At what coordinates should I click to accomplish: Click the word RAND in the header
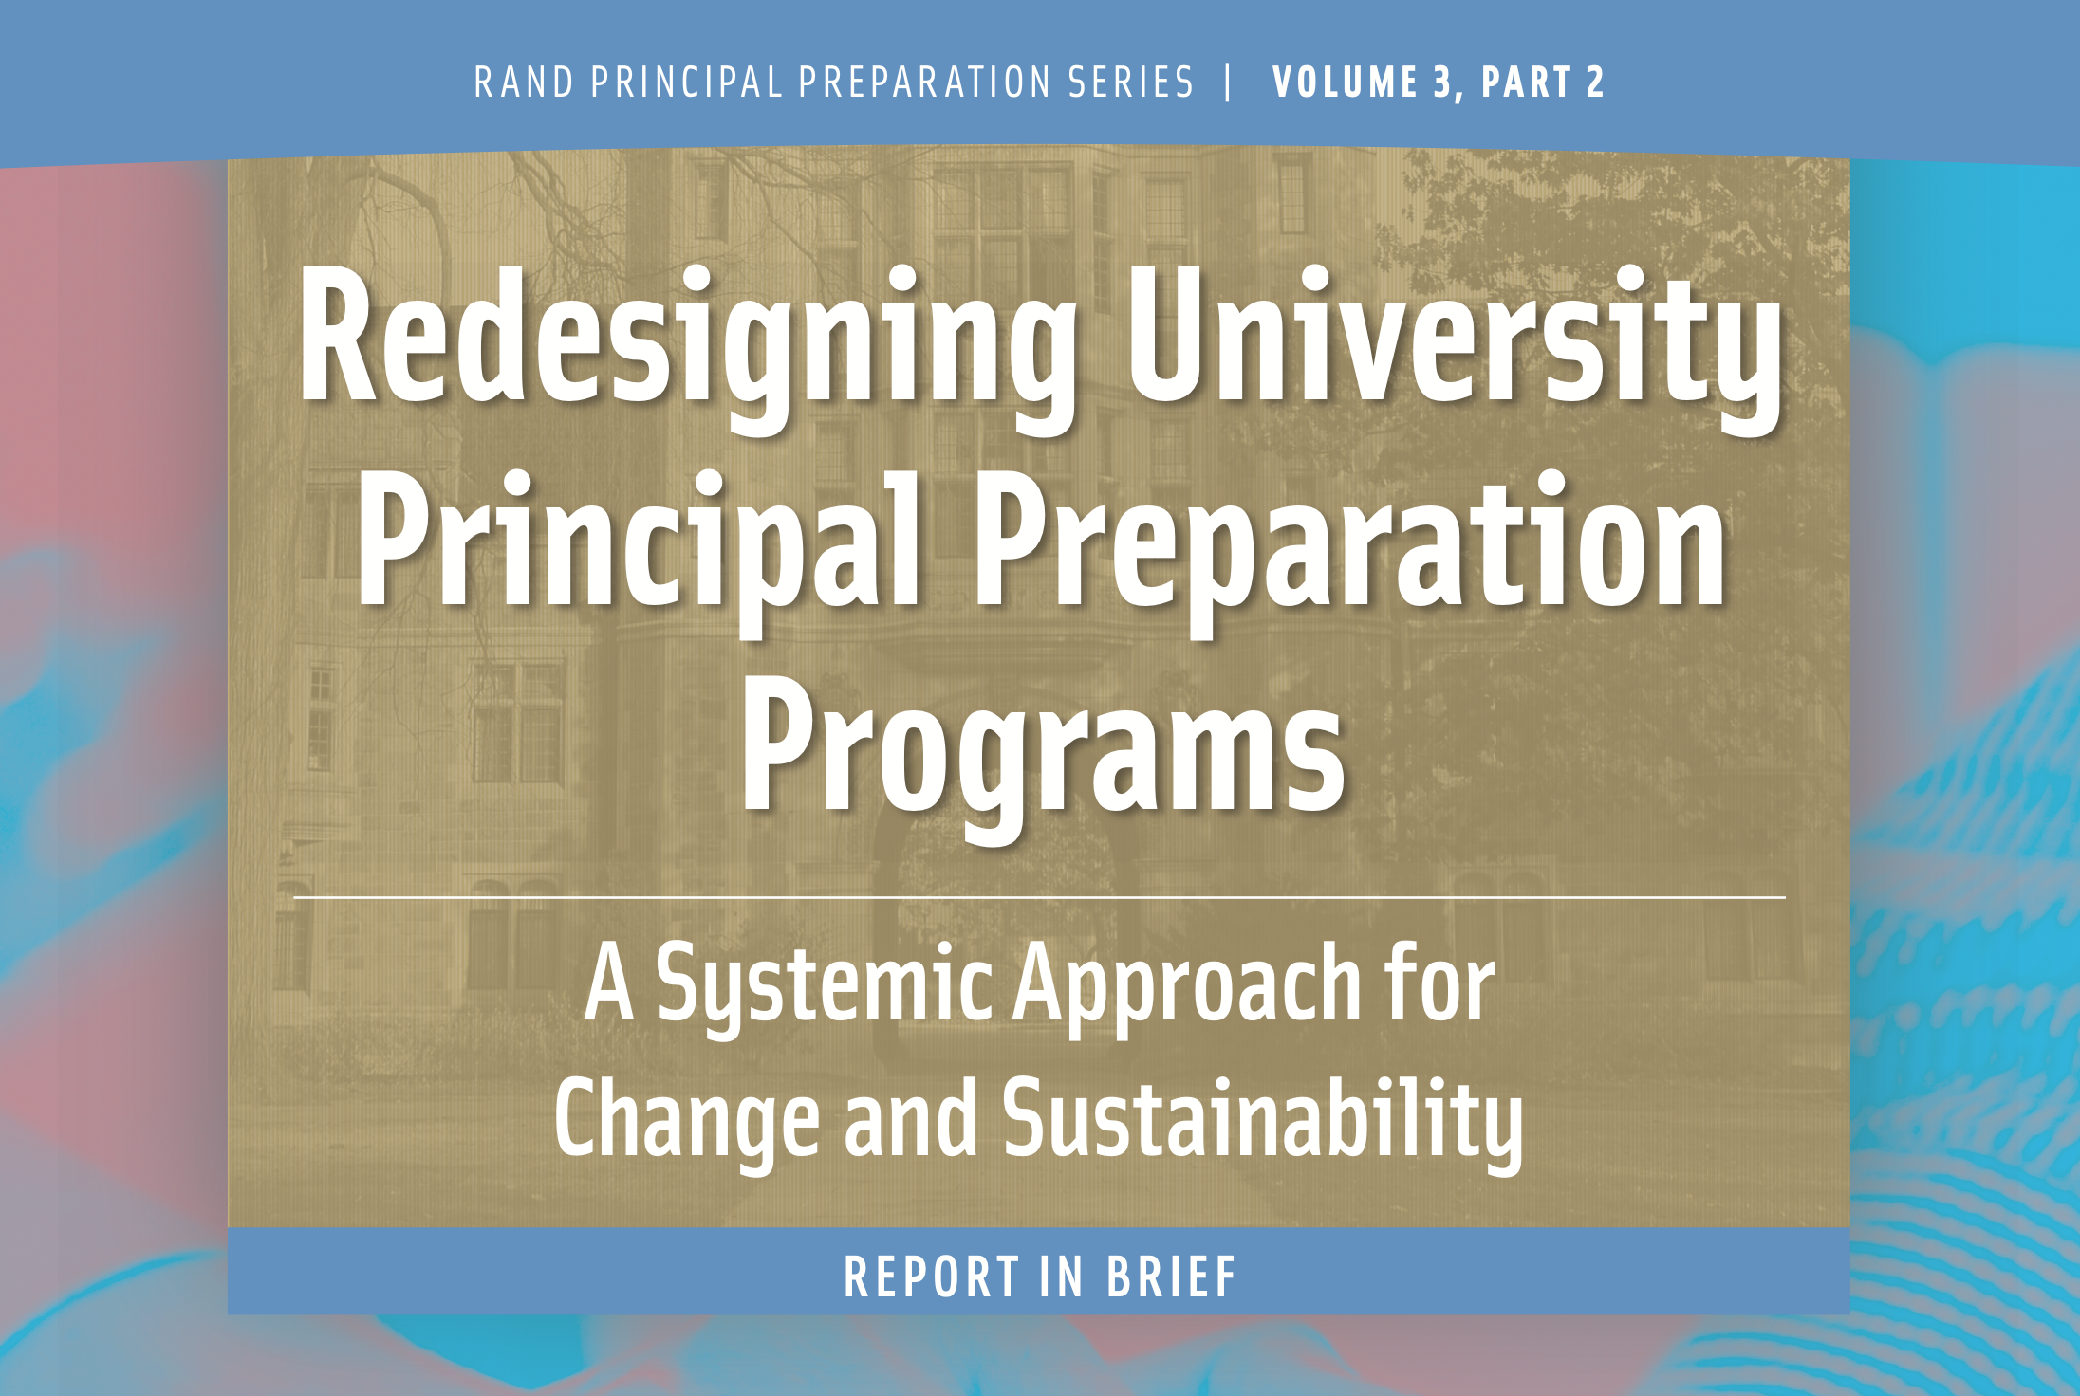[x=524, y=83]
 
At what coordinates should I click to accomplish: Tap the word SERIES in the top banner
[x=1130, y=83]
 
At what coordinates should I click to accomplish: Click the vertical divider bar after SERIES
[x=1230, y=82]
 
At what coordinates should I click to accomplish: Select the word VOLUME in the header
[x=1345, y=83]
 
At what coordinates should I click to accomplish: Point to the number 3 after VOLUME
[x=1443, y=83]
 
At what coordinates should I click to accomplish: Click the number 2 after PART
[x=1595, y=83]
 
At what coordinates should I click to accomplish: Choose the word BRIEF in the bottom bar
[x=1172, y=1277]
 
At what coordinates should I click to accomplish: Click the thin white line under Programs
[x=1040, y=896]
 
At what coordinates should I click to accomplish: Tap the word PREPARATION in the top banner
[x=925, y=83]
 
